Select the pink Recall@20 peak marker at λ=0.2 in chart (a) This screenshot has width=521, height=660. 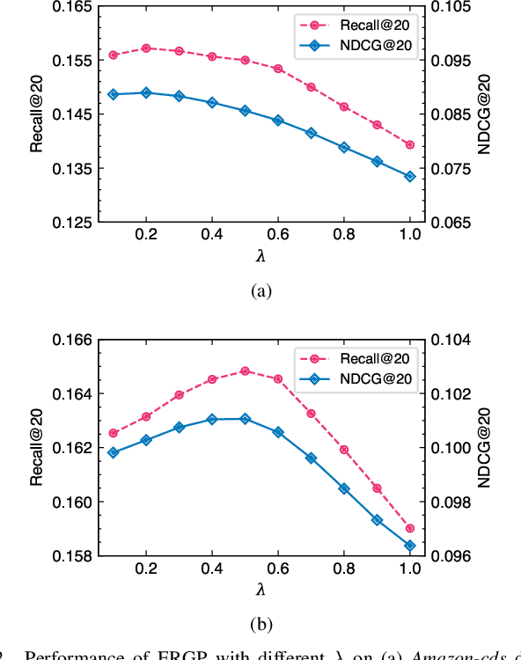146,48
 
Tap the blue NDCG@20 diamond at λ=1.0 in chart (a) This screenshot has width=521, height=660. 409,176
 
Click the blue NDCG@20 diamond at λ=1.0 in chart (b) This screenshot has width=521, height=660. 409,546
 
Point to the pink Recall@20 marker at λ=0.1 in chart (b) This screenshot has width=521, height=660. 113,433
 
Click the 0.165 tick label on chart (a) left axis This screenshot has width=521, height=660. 73,7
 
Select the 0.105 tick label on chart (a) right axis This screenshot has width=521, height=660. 451,7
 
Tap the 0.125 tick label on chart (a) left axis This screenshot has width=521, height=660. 73,223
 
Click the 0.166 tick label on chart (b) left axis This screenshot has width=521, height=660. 73,340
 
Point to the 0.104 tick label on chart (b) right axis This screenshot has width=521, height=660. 451,340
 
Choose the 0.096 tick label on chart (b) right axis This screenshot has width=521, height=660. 451,556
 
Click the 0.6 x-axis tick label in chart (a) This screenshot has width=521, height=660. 278,238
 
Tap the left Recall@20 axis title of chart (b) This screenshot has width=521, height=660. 36,449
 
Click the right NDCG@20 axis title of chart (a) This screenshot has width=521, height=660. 484,114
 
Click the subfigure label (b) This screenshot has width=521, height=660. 261,625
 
